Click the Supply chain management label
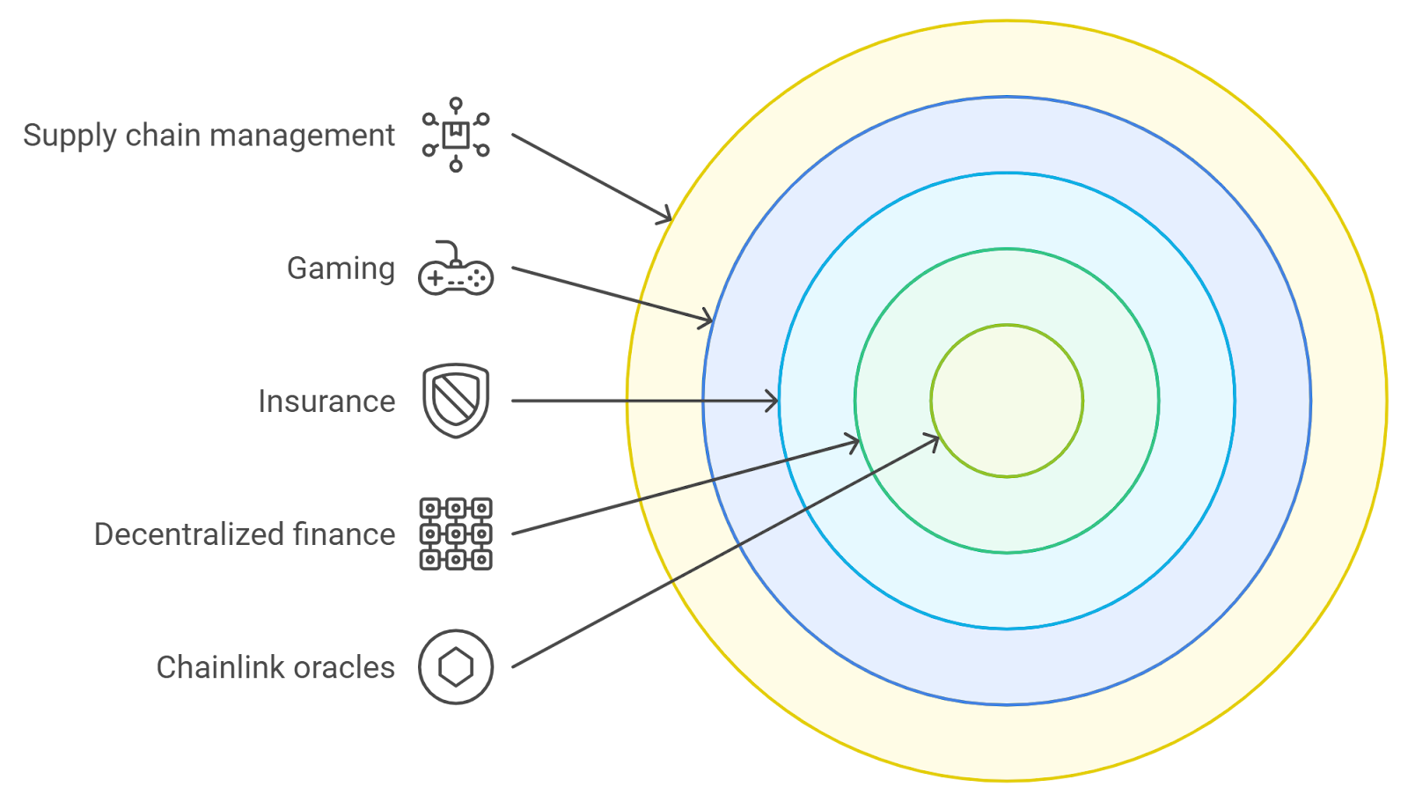(x=209, y=136)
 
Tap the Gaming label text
(x=341, y=269)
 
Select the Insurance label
(x=326, y=401)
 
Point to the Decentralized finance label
(x=244, y=534)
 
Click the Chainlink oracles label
(x=275, y=667)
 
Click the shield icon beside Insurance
(x=456, y=400)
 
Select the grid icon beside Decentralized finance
(x=456, y=533)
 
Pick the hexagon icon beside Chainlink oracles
(x=456, y=666)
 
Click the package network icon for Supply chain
(x=456, y=135)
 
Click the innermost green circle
(x=1007, y=401)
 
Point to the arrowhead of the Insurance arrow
(x=773, y=401)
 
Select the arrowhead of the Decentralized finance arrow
(x=854, y=442)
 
